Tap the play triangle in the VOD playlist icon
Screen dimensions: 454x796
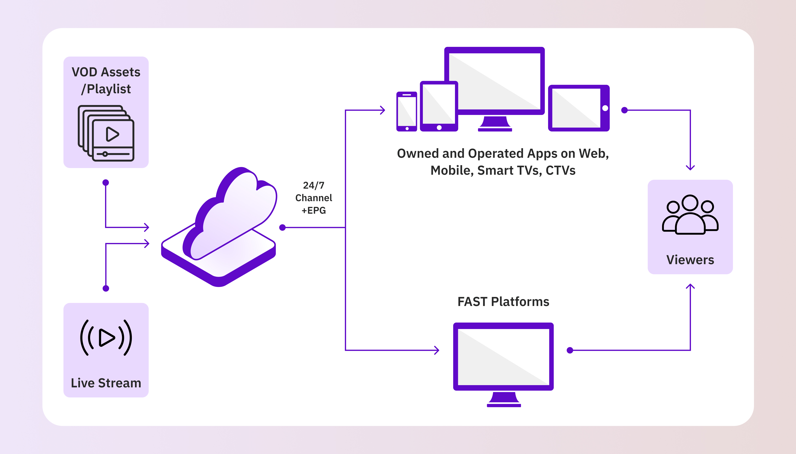pyautogui.click(x=112, y=134)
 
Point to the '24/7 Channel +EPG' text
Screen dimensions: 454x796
pyautogui.click(x=314, y=198)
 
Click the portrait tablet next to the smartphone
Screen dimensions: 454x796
pyautogui.click(x=439, y=106)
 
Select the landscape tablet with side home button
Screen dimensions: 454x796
pyautogui.click(x=579, y=108)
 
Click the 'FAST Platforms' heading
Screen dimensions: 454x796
pyautogui.click(x=503, y=302)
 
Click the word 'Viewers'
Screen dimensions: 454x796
pyautogui.click(x=690, y=260)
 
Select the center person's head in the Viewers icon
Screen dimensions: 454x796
pyautogui.click(x=690, y=203)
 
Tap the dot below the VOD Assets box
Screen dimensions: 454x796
pyautogui.click(x=106, y=182)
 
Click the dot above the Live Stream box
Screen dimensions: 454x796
pyautogui.click(x=106, y=288)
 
